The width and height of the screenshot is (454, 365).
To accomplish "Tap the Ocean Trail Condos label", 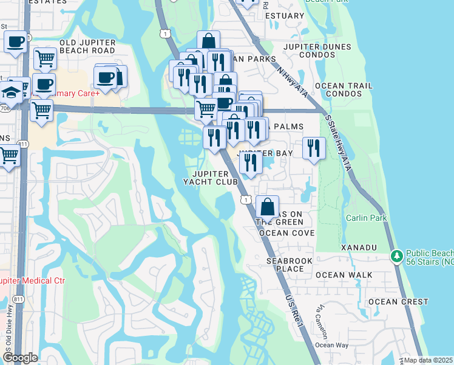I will click(348, 90).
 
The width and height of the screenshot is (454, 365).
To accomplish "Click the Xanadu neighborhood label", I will click(359, 248).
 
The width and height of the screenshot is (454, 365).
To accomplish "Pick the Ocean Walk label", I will click(344, 275).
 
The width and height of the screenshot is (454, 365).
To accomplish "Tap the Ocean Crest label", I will click(398, 302).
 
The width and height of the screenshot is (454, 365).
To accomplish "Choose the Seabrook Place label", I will click(280, 265).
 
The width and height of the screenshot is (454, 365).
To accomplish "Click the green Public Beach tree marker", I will click(396, 256).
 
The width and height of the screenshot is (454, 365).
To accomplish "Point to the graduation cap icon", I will click(10, 93).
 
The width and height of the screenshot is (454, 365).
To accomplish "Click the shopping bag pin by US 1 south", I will click(267, 207).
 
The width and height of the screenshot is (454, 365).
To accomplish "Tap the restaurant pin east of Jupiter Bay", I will click(314, 148).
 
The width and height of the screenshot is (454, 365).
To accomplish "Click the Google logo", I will click(19, 358).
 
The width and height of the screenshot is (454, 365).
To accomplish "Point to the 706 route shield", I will click(4, 108).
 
